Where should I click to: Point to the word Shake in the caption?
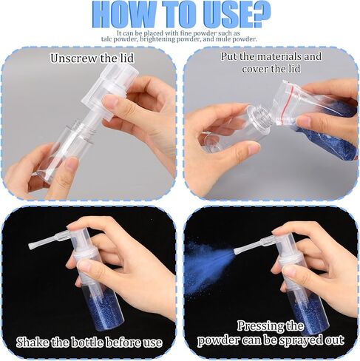pyautogui.click(x=32, y=343)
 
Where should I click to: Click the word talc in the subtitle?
pyautogui.click(x=106, y=39)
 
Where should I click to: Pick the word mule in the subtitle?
pyautogui.click(x=223, y=39)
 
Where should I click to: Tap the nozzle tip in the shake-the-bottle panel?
pyautogui.click(x=32, y=246)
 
